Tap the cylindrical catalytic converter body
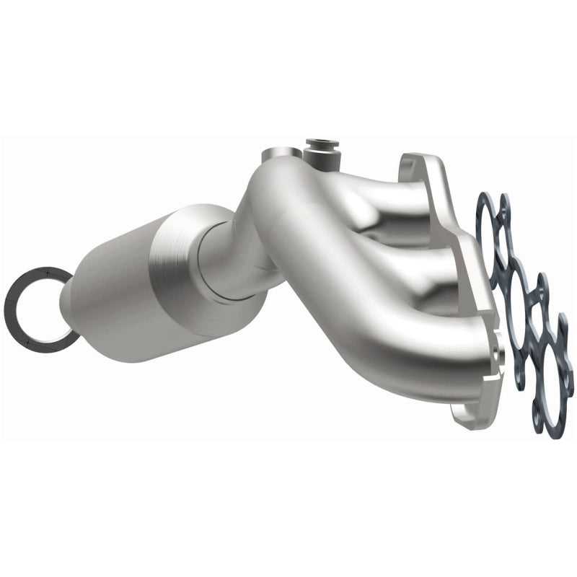119,288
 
